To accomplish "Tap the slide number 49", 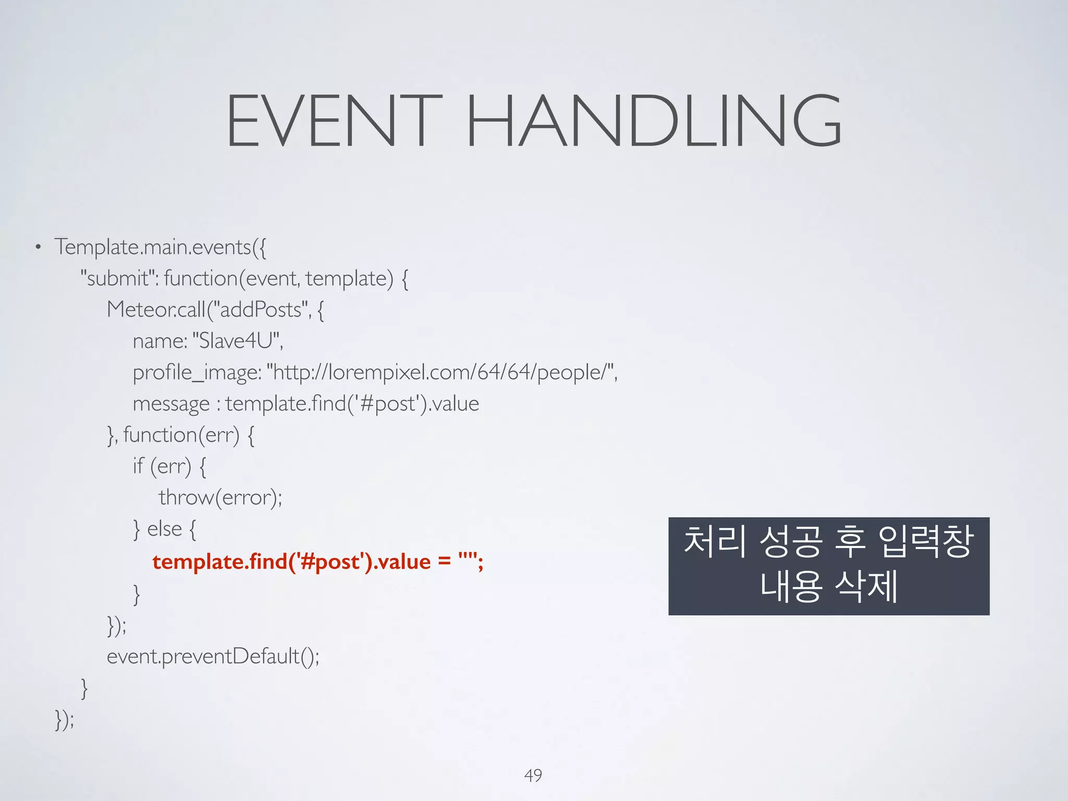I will coord(533,775).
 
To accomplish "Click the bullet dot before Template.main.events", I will coord(38,247).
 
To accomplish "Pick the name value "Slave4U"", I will coord(237,341).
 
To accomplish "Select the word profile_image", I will coord(196,372).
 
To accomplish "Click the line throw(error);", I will coord(220,497).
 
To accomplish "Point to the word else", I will coord(164,529).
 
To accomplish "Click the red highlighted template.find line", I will coord(318,562).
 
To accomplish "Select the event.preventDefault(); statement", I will coord(213,656).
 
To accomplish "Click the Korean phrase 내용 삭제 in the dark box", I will coord(829,586).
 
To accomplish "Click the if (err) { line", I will coord(169,466).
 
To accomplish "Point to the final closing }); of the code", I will coord(65,720).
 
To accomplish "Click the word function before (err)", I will coord(160,435).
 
